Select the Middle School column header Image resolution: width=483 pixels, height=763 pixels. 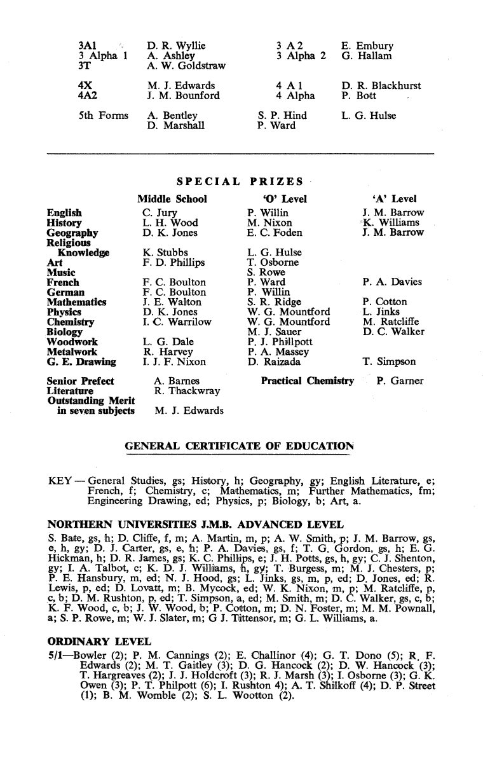(172, 199)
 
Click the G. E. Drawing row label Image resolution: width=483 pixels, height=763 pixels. (81, 362)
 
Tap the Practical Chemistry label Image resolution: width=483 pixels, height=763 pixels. (307, 381)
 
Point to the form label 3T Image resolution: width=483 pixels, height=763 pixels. (84, 65)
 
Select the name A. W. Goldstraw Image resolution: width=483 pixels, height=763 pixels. (186, 65)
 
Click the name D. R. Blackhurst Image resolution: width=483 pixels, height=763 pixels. (381, 86)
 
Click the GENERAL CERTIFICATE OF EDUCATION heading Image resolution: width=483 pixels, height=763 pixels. (239, 446)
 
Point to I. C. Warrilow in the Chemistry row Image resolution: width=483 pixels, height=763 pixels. (177, 322)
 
